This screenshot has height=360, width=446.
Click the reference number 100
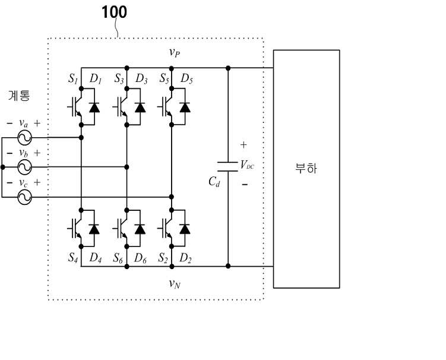(x=114, y=12)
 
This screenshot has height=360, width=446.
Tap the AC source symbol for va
(x=24, y=138)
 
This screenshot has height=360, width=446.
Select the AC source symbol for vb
(x=24, y=167)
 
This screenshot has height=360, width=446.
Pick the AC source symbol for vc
(x=24, y=197)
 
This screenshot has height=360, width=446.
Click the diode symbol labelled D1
(x=94, y=108)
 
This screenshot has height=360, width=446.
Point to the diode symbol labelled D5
(x=185, y=108)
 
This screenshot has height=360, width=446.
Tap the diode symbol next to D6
(x=140, y=229)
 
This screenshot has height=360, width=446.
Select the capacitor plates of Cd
(x=227, y=167)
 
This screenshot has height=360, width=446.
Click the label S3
(x=119, y=78)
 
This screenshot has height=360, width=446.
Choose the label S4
(x=73, y=258)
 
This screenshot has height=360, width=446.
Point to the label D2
(x=185, y=258)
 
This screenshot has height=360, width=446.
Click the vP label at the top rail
(x=175, y=52)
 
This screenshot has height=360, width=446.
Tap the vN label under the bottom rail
(x=175, y=284)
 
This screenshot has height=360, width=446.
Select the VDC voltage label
(x=247, y=165)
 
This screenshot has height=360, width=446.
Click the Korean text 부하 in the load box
(x=306, y=168)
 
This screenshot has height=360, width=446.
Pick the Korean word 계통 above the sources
(x=19, y=96)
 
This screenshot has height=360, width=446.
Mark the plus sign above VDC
(x=243, y=145)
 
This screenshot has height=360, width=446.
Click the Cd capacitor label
(x=214, y=182)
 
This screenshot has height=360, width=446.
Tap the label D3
(x=141, y=78)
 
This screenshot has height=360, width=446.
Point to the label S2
(x=163, y=258)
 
